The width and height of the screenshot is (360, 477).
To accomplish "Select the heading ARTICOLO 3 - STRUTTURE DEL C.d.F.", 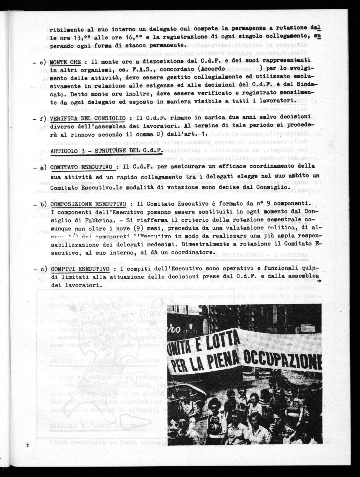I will (107, 150).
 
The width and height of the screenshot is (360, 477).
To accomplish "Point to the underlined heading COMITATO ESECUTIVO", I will (81, 167).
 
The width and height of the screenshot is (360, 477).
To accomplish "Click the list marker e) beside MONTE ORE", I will (43, 62).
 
